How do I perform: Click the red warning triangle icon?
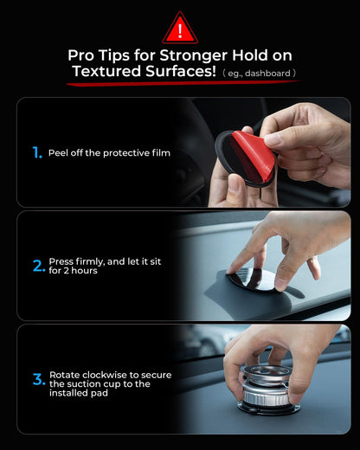[x=180, y=29]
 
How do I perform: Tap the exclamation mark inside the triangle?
[x=180, y=31]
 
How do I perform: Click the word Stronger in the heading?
[x=193, y=55]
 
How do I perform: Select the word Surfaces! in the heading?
[x=181, y=71]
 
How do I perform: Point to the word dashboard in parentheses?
[x=267, y=74]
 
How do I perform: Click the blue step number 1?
[x=37, y=152]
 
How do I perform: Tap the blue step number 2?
[x=39, y=266]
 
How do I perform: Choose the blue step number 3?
[x=39, y=379]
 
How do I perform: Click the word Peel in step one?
[x=58, y=153]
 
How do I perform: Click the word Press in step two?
[x=61, y=261]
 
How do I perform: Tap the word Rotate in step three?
[x=64, y=375]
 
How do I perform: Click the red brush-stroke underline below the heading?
[x=183, y=83]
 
